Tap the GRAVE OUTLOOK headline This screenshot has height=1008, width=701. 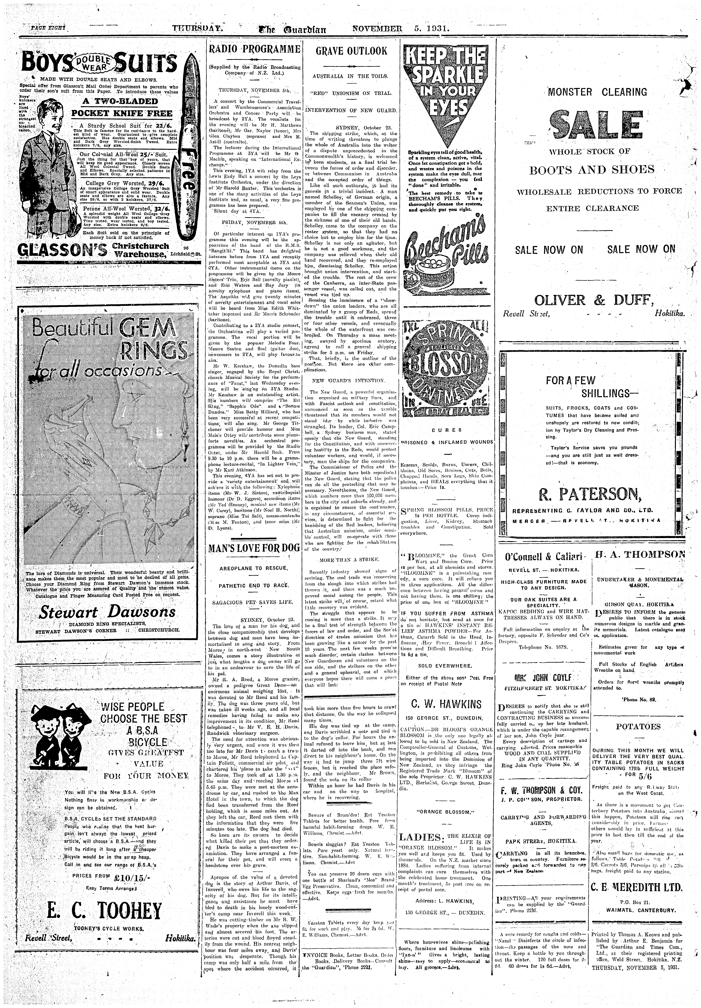(352, 51)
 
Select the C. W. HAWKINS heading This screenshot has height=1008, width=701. (447, 705)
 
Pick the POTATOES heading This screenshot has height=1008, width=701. (638, 727)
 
